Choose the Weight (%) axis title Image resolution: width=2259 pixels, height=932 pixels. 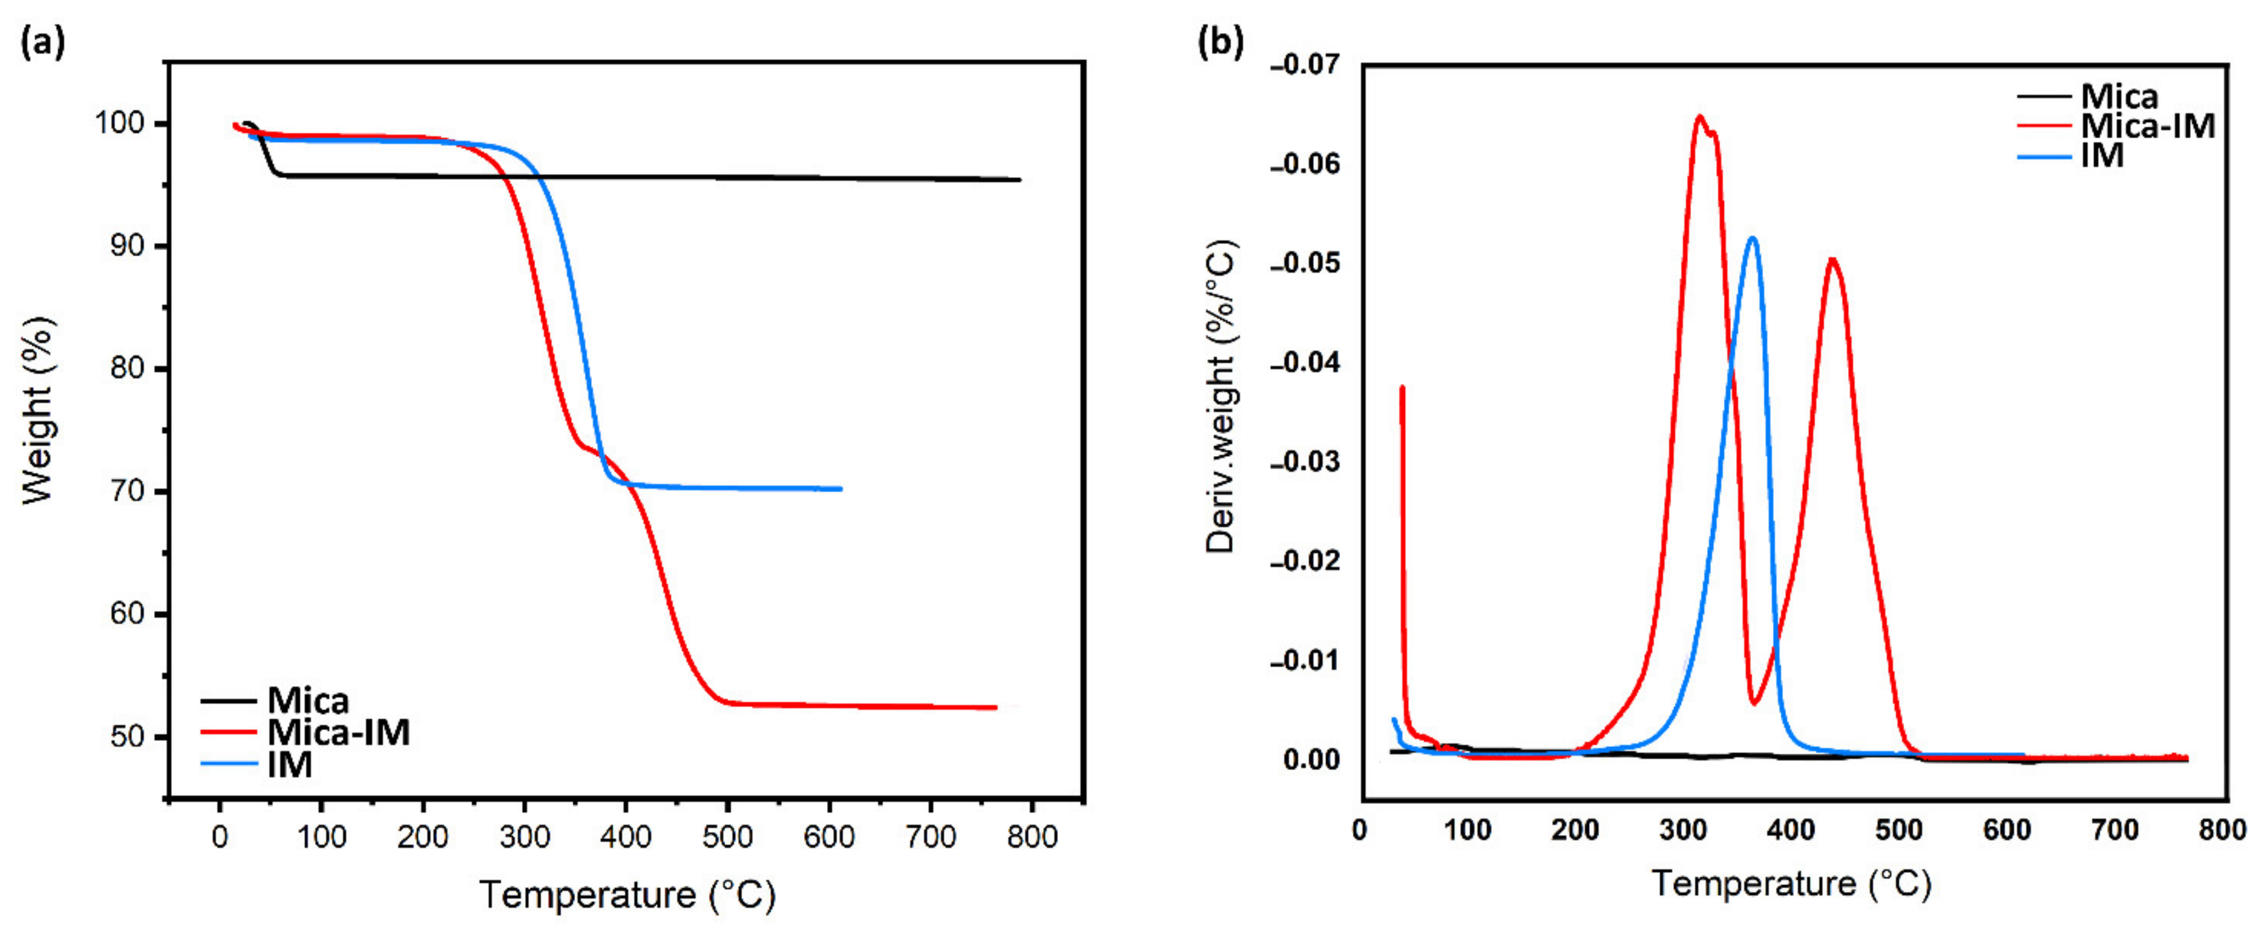coord(39,410)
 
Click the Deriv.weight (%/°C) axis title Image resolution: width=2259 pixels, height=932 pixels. coord(1220,396)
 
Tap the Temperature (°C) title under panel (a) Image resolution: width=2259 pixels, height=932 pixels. coord(627,895)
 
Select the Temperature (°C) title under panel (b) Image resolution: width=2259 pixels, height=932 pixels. coord(1792,883)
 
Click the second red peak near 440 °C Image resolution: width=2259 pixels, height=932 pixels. coord(1832,260)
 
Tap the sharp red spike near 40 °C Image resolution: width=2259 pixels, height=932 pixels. coord(1402,387)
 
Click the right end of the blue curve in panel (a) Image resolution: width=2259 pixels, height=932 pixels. coord(840,489)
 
